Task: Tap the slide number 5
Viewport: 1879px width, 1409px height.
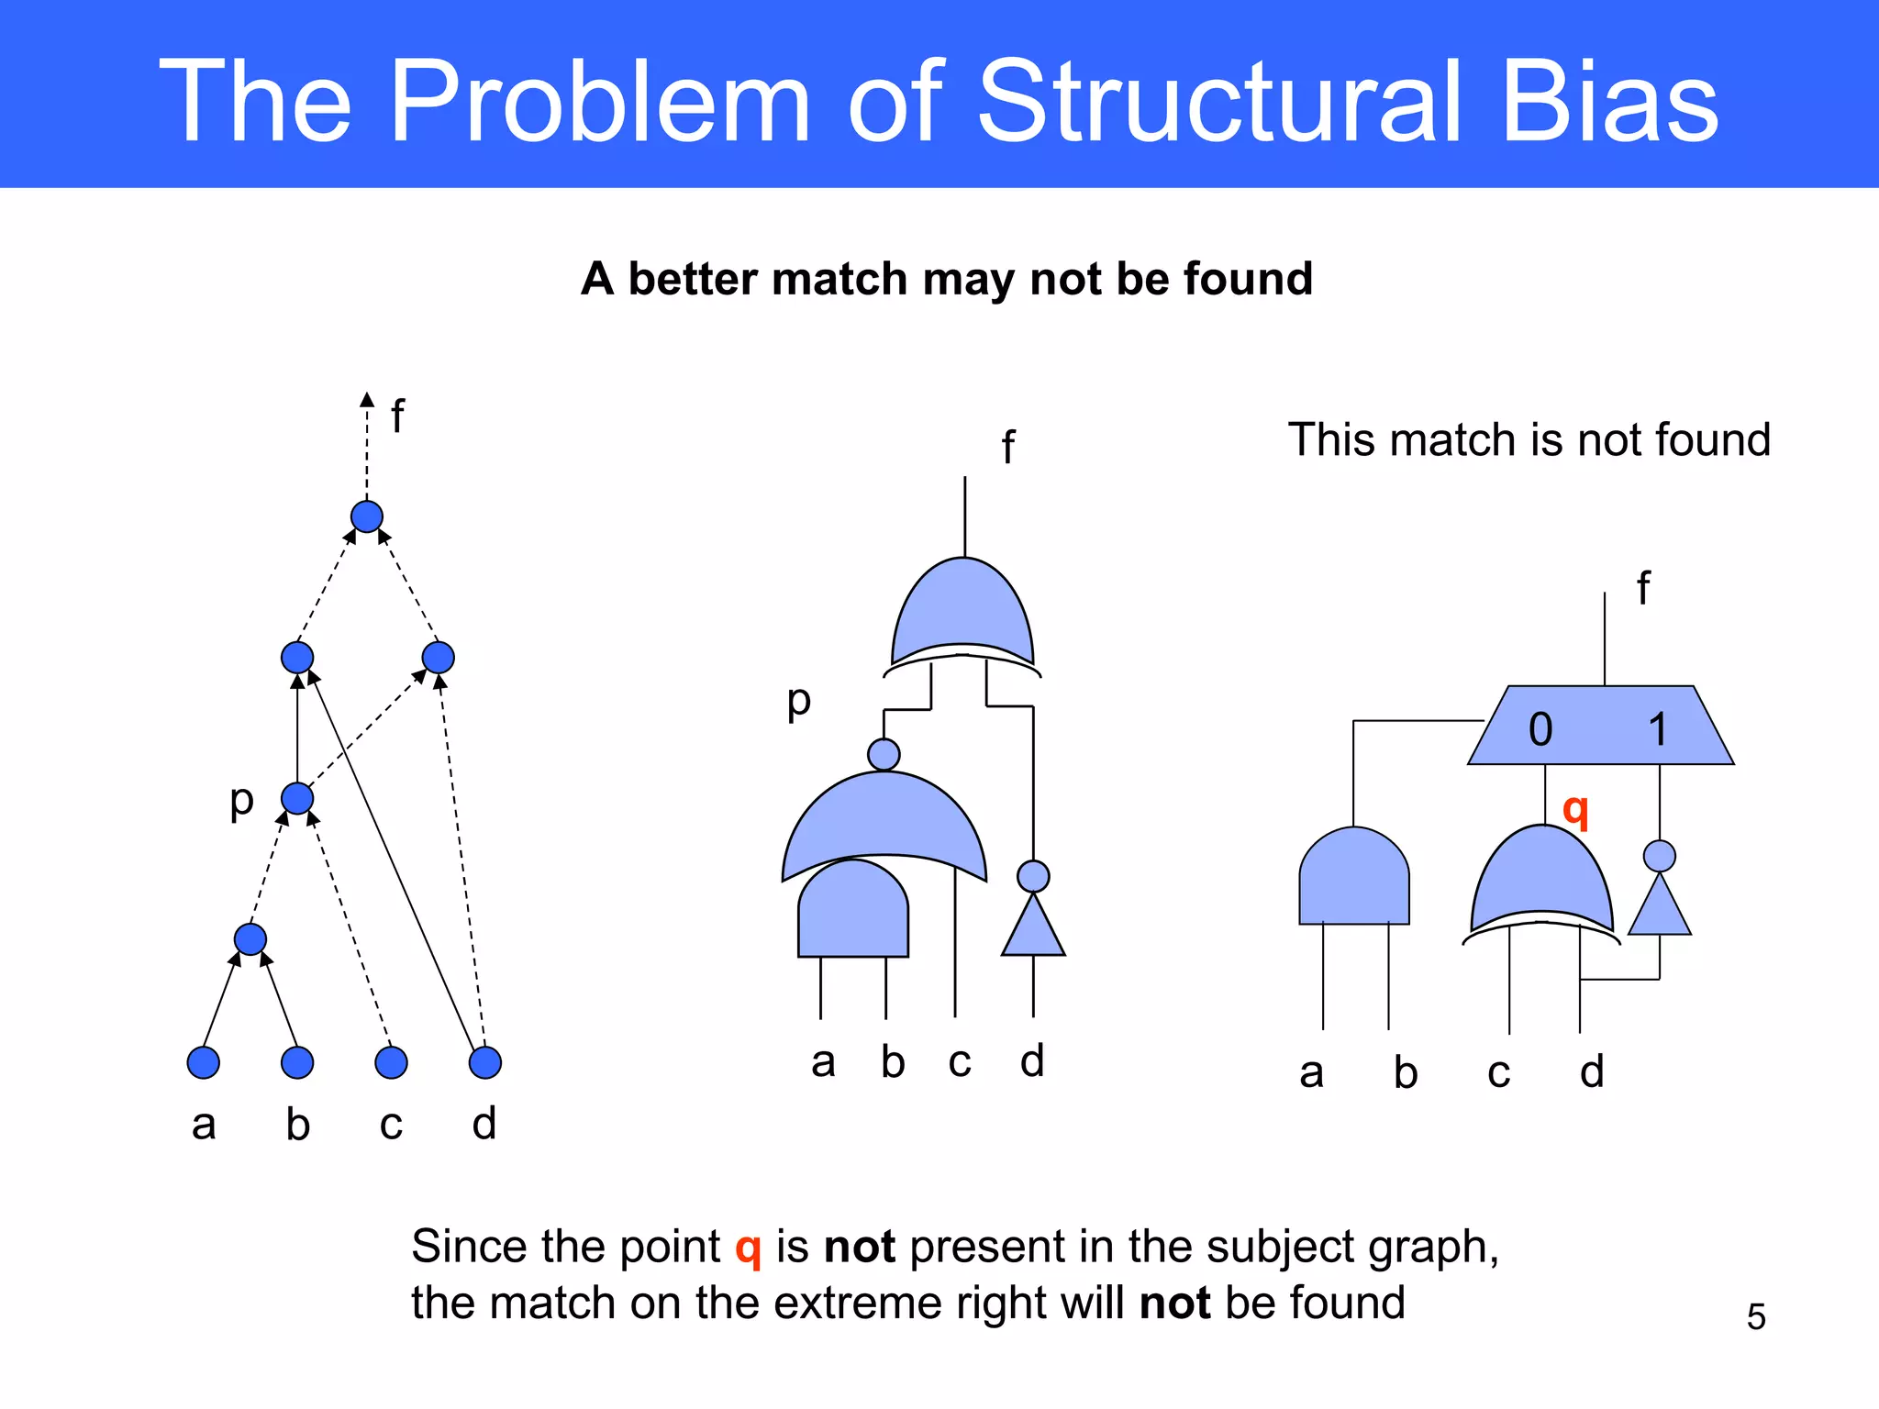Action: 1756,1316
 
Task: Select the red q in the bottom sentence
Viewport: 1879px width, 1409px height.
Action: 748,1248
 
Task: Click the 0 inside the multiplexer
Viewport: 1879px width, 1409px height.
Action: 1540,730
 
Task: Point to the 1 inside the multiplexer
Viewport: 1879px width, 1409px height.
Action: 1657,730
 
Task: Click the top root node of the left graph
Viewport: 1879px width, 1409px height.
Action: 367,516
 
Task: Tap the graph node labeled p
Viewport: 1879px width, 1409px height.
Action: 297,798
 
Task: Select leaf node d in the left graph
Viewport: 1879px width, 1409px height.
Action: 484,1062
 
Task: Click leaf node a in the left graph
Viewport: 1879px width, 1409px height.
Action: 204,1062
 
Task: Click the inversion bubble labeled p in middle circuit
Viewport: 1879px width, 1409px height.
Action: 884,755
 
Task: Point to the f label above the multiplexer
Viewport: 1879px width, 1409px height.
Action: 1643,588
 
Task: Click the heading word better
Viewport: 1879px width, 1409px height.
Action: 697,279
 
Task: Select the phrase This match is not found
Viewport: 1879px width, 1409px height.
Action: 1529,439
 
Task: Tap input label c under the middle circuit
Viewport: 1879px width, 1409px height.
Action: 960,1061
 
